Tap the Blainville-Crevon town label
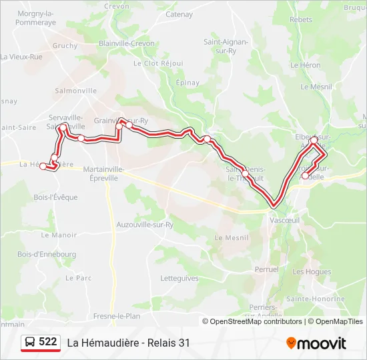click(x=125, y=42)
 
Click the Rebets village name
click(x=301, y=20)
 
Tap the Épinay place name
click(x=188, y=83)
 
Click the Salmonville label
click(x=76, y=91)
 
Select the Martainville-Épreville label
click(x=105, y=173)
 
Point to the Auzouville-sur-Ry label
click(x=145, y=225)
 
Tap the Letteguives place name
click(x=179, y=278)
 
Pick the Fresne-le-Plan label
click(x=117, y=315)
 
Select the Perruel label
click(x=266, y=269)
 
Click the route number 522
click(x=47, y=342)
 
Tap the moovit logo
click(x=316, y=343)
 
